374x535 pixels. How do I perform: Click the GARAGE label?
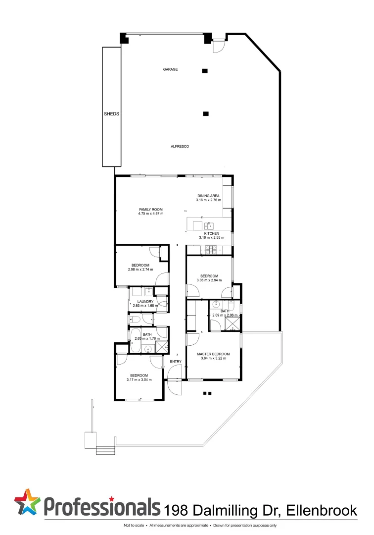click(171, 69)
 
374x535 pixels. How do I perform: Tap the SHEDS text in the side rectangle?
click(111, 113)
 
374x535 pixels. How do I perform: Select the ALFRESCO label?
click(180, 146)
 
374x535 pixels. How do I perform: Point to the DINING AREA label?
click(209, 196)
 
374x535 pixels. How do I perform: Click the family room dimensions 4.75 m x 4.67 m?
click(151, 214)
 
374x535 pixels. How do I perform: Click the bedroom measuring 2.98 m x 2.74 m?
click(140, 267)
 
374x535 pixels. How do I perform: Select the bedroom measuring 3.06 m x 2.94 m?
click(209, 278)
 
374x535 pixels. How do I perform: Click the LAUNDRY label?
click(145, 302)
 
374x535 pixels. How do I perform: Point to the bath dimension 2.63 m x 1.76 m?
click(147, 338)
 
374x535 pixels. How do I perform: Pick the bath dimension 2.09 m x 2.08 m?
click(225, 315)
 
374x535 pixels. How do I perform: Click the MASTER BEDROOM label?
click(213, 354)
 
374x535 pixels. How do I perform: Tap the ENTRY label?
click(176, 362)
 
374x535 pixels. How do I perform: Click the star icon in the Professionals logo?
click(27, 502)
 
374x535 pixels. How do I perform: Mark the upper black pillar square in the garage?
click(205, 71)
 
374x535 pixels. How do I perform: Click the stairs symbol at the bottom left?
click(105, 450)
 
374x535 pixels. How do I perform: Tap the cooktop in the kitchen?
click(209, 250)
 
